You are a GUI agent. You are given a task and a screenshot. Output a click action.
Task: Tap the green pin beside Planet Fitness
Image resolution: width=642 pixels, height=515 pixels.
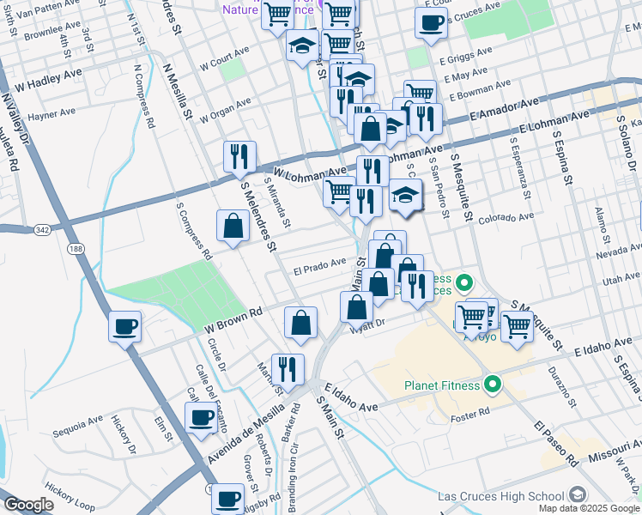pos(493,385)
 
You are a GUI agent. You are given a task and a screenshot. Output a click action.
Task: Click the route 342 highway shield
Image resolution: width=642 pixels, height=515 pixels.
pos(42,230)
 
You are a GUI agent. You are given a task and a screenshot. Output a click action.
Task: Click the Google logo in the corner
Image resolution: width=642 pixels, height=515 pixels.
pos(29,505)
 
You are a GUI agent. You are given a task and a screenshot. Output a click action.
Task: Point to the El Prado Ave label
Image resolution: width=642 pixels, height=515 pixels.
pos(319,264)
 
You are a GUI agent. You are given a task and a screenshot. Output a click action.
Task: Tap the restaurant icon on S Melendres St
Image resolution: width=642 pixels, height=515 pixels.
pos(238,156)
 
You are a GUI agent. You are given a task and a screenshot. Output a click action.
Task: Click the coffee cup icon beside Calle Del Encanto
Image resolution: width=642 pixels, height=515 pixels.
pos(201,418)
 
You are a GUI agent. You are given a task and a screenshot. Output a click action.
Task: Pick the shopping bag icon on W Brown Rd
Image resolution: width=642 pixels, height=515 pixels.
pos(300,323)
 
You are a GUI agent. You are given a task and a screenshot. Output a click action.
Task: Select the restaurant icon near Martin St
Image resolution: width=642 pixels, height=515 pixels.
pos(288,369)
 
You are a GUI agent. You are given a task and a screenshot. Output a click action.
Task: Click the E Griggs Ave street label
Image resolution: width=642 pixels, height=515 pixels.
pos(465,56)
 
